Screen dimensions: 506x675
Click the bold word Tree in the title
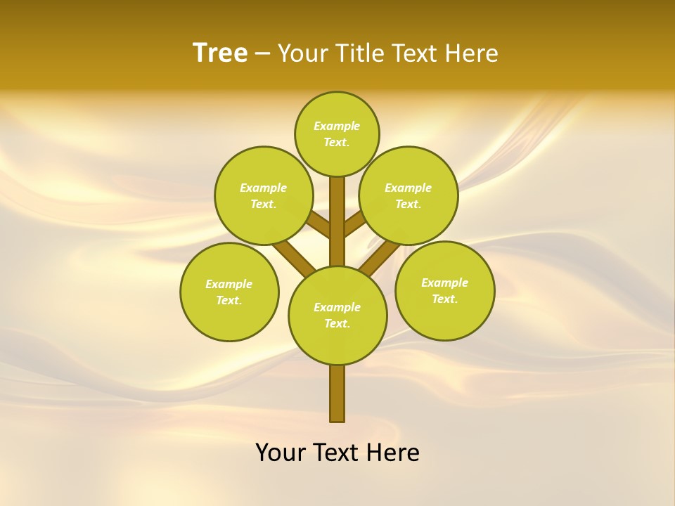coord(220,53)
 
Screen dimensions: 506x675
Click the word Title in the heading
coord(358,53)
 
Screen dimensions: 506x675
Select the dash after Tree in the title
coord(262,54)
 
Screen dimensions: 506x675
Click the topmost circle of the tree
coord(337,134)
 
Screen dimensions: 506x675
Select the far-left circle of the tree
coord(229,292)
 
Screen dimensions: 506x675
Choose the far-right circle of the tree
coord(445,290)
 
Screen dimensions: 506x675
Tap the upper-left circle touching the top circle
coord(264,195)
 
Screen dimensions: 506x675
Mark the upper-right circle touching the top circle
coord(409,195)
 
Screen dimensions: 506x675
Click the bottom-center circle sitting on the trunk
coord(337,315)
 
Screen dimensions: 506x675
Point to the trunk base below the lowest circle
coord(337,394)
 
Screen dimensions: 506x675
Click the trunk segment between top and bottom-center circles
coord(337,221)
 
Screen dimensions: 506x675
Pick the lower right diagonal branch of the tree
coord(380,257)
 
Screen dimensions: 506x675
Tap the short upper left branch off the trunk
coord(319,226)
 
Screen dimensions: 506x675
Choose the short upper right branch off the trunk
coord(355,226)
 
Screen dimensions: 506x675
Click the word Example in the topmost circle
coord(337,126)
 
